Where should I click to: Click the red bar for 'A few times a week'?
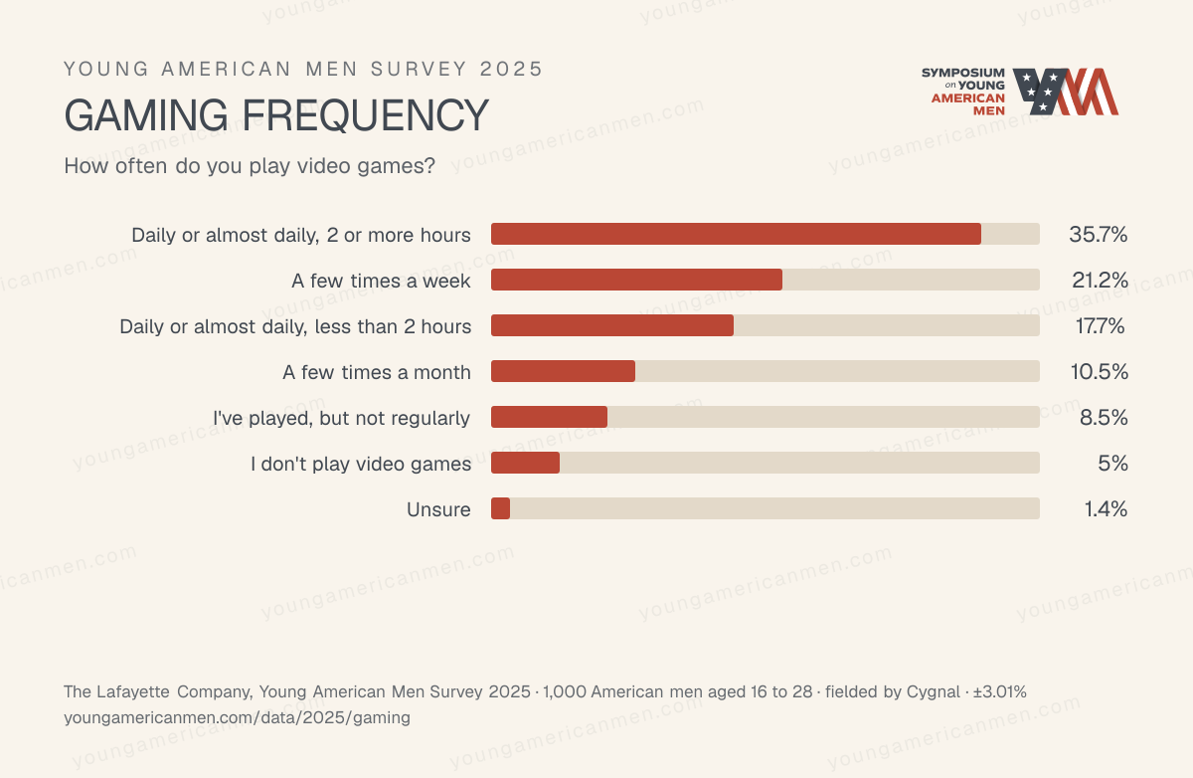pos(636,280)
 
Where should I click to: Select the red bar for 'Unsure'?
pos(501,508)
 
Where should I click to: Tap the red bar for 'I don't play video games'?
pos(525,463)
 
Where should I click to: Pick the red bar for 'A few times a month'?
pos(563,371)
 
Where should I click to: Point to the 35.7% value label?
pos(1099,235)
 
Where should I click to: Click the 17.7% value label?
pos(1100,325)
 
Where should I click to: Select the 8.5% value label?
pos(1104,417)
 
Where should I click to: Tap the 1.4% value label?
pos(1106,509)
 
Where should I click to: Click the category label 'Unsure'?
pos(438,509)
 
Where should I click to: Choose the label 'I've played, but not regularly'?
pos(341,418)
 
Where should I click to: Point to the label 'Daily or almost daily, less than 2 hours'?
pos(295,326)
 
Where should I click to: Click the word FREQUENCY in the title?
pos(365,115)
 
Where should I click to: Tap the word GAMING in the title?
pos(146,115)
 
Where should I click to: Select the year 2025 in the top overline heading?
pos(511,69)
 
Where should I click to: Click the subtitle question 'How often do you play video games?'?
pos(250,166)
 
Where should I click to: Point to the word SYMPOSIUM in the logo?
pos(963,73)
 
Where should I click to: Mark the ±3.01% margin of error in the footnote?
pos(1000,691)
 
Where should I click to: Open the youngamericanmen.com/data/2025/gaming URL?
pos(237,717)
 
